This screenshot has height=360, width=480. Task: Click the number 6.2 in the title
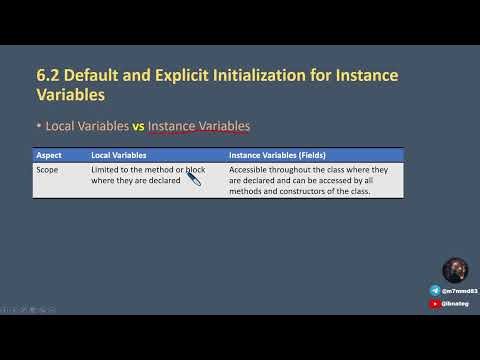point(48,76)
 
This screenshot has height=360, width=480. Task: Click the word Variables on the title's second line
point(70,96)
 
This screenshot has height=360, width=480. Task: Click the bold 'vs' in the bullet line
point(139,127)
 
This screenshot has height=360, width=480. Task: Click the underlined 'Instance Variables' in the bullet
point(199,127)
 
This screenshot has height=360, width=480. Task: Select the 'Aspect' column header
point(49,156)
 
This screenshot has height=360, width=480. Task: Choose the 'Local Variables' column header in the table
point(119,156)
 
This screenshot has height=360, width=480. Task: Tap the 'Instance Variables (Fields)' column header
point(278,156)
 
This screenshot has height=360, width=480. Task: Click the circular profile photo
point(455,271)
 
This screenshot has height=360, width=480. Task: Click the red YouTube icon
point(436,302)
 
